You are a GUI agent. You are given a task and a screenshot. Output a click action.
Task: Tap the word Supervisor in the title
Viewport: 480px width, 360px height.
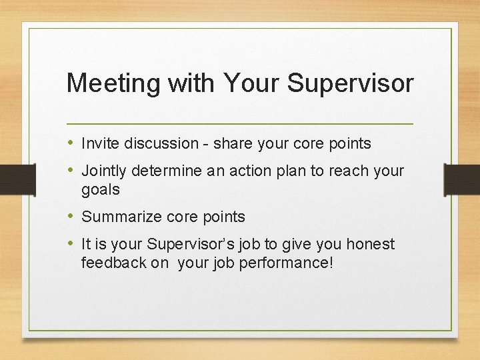[x=351, y=83]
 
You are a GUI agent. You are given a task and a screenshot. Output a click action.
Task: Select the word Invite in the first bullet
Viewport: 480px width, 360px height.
[x=97, y=143]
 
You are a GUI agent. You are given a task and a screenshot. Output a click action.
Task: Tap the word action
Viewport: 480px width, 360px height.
[x=249, y=171]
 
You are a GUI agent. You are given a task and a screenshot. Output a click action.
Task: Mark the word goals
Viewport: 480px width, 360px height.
[x=101, y=190]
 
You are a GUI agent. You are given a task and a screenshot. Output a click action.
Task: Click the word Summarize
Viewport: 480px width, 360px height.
[x=117, y=217]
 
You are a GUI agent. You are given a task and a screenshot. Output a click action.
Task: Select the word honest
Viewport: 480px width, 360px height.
[x=369, y=245]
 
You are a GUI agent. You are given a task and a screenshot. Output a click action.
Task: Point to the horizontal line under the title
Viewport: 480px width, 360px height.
[x=240, y=124]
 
